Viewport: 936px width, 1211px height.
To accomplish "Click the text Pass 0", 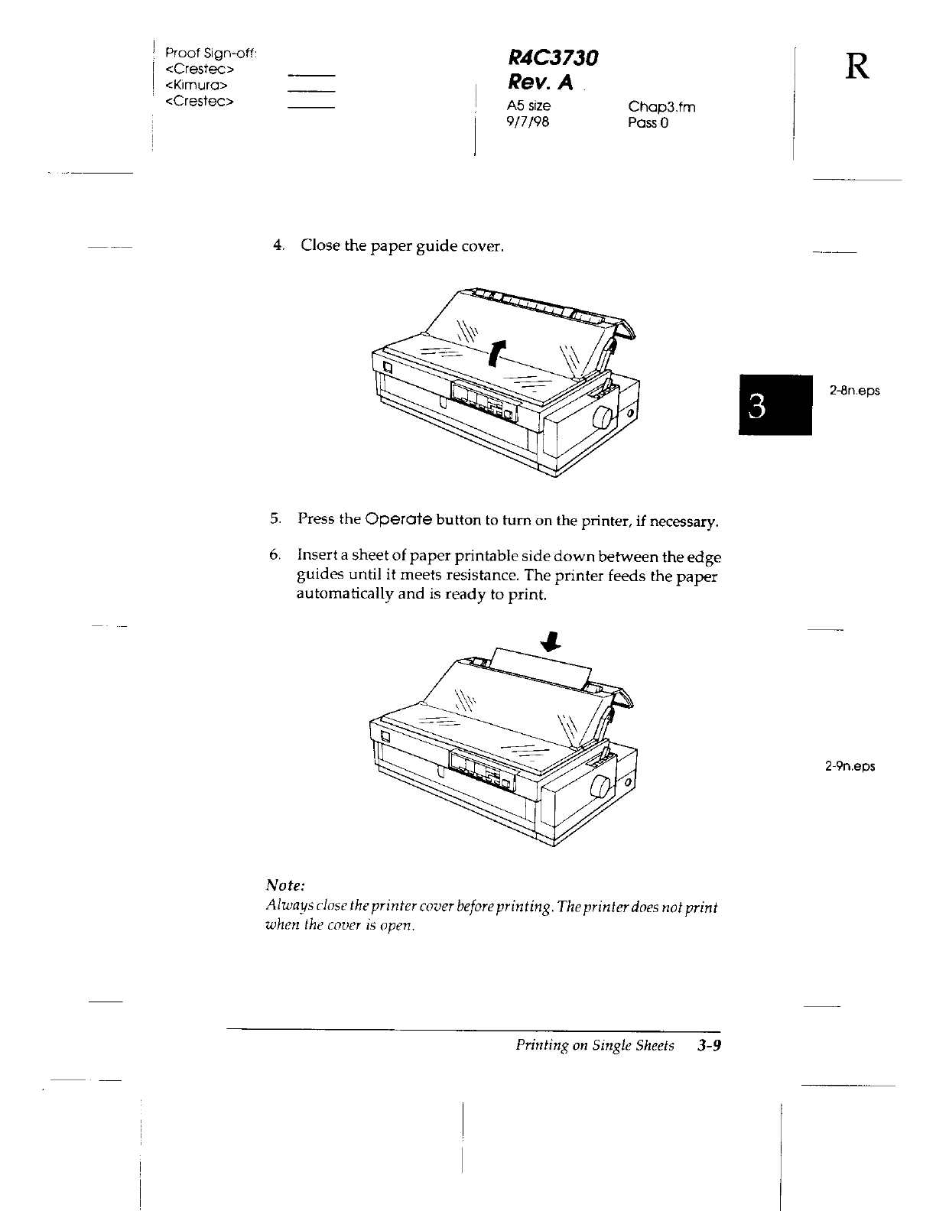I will (648, 122).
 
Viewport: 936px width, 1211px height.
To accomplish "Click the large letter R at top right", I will (856, 68).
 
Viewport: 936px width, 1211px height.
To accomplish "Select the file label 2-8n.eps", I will (855, 391).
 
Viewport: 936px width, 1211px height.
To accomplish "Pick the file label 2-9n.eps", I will (850, 765).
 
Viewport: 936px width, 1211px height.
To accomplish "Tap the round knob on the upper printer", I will (603, 417).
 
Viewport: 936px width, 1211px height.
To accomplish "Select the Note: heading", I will (285, 885).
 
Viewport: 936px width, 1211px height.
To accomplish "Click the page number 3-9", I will (709, 1045).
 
